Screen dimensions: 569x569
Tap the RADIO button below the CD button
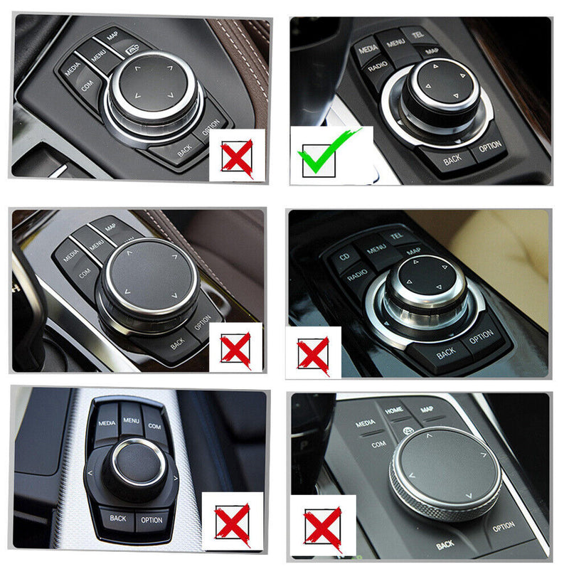click(361, 273)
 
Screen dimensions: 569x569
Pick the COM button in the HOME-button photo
click(378, 444)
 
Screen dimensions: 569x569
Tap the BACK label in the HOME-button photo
click(445, 545)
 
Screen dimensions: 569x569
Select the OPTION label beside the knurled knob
click(504, 526)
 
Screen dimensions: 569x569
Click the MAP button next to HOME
click(427, 410)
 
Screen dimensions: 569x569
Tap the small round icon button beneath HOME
click(408, 430)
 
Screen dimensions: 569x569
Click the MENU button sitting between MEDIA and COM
click(131, 420)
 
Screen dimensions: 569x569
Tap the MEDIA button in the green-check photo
click(368, 49)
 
